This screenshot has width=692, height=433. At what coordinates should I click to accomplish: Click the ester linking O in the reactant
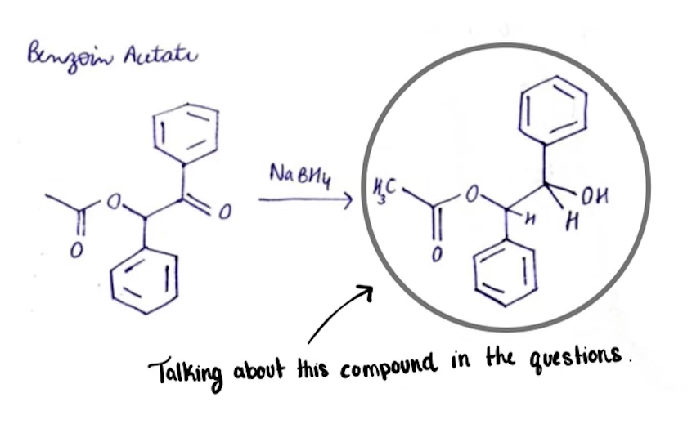coord(115,201)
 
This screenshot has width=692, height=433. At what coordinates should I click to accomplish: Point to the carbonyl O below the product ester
coord(436,255)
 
